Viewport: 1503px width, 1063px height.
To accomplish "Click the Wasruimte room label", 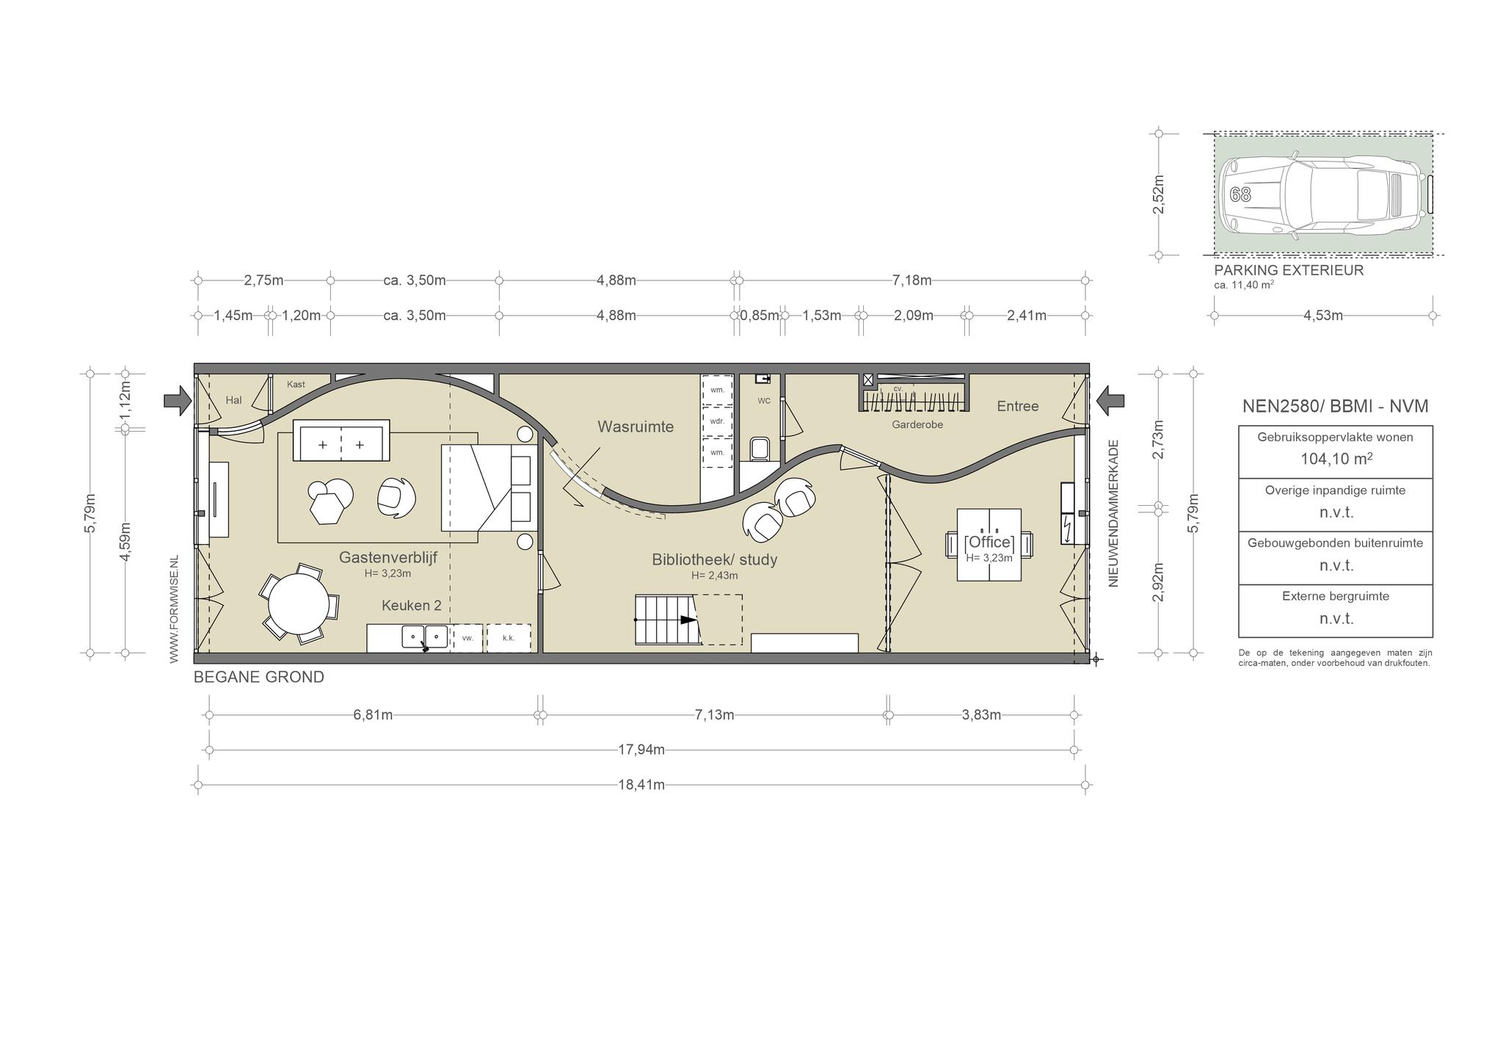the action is click(635, 427).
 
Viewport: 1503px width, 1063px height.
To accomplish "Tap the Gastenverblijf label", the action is click(387, 557).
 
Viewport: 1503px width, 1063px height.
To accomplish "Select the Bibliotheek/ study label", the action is click(714, 559).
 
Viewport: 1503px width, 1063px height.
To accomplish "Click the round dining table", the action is click(299, 604).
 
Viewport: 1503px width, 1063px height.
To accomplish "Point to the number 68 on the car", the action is click(1240, 195).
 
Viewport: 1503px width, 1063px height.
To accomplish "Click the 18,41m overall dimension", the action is click(641, 785).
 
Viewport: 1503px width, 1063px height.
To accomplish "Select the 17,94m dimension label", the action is click(641, 750).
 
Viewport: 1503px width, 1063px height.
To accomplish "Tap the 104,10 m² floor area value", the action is click(1336, 459).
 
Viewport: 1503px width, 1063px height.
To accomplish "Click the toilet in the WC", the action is click(760, 449).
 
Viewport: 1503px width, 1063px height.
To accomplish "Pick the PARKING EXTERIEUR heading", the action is click(1289, 269).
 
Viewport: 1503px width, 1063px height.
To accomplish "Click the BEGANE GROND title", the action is click(258, 677).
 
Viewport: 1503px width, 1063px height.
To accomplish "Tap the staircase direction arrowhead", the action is click(689, 620).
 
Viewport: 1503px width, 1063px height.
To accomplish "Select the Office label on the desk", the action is click(989, 543).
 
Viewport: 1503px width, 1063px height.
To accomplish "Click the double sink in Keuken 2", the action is click(424, 636).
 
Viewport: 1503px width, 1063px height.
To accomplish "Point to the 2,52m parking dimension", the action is click(1159, 195).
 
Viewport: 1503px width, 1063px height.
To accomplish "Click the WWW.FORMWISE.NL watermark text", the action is click(174, 609).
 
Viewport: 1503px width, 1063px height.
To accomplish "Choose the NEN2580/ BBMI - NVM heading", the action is click(1335, 406).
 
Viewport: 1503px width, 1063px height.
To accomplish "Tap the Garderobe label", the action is click(917, 424).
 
